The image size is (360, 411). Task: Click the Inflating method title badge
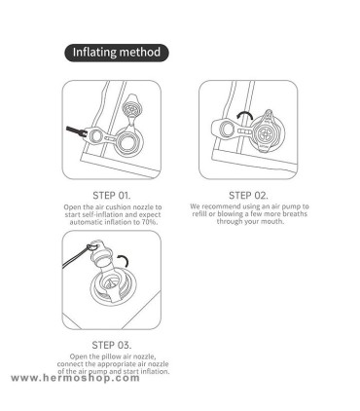(117, 53)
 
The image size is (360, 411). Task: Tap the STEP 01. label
(112, 196)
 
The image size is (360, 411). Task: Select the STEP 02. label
(248, 196)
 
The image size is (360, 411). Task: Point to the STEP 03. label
(112, 345)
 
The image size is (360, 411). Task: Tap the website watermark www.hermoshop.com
(75, 378)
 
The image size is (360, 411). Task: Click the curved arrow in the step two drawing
(244, 115)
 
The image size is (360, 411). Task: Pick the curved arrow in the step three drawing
(124, 260)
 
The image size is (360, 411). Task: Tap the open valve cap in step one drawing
(131, 105)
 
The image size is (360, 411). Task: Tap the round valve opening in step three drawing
(110, 284)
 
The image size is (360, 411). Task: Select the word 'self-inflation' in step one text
(103, 215)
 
